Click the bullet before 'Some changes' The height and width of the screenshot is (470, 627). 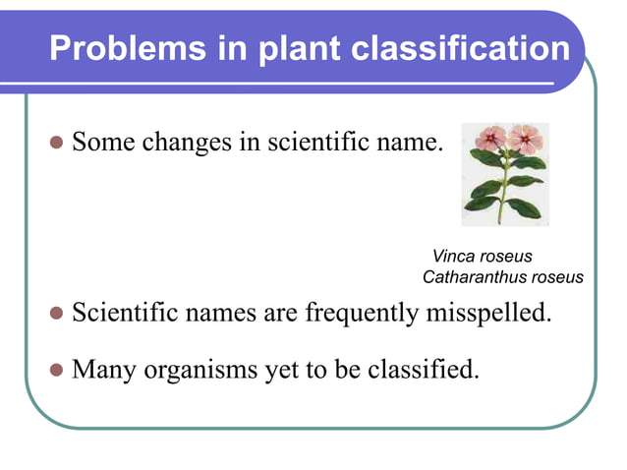pyautogui.click(x=56, y=143)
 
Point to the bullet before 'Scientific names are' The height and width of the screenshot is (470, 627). pyautogui.click(x=56, y=315)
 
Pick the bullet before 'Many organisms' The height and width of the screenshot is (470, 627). pyautogui.click(x=56, y=371)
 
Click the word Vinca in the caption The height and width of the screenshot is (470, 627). pyautogui.click(x=452, y=258)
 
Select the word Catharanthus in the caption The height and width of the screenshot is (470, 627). pyautogui.click(x=471, y=278)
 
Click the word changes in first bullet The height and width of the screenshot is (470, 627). pyautogui.click(x=186, y=142)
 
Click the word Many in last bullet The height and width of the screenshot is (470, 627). pyautogui.click(x=105, y=370)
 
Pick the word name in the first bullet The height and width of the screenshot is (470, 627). pyautogui.click(x=415, y=142)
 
